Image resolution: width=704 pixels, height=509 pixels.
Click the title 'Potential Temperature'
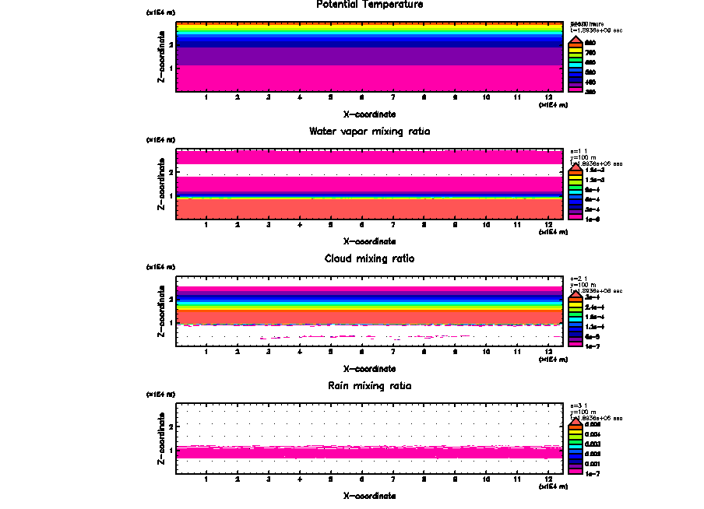pyautogui.click(x=369, y=5)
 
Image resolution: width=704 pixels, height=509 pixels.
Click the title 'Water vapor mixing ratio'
pyautogui.click(x=369, y=132)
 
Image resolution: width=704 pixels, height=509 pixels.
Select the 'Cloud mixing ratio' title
pyautogui.click(x=369, y=258)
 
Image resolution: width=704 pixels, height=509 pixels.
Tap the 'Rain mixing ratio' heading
pyautogui.click(x=369, y=386)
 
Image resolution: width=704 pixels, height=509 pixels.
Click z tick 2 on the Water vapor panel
pyautogui.click(x=171, y=171)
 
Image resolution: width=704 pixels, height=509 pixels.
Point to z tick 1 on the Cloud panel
pyautogui.click(x=171, y=322)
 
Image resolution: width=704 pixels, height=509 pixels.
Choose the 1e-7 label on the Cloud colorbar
pyautogui.click(x=592, y=345)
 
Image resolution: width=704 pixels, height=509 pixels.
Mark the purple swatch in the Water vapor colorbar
pyautogui.click(x=576, y=209)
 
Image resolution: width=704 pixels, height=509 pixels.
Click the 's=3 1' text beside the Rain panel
pyautogui.click(x=578, y=405)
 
